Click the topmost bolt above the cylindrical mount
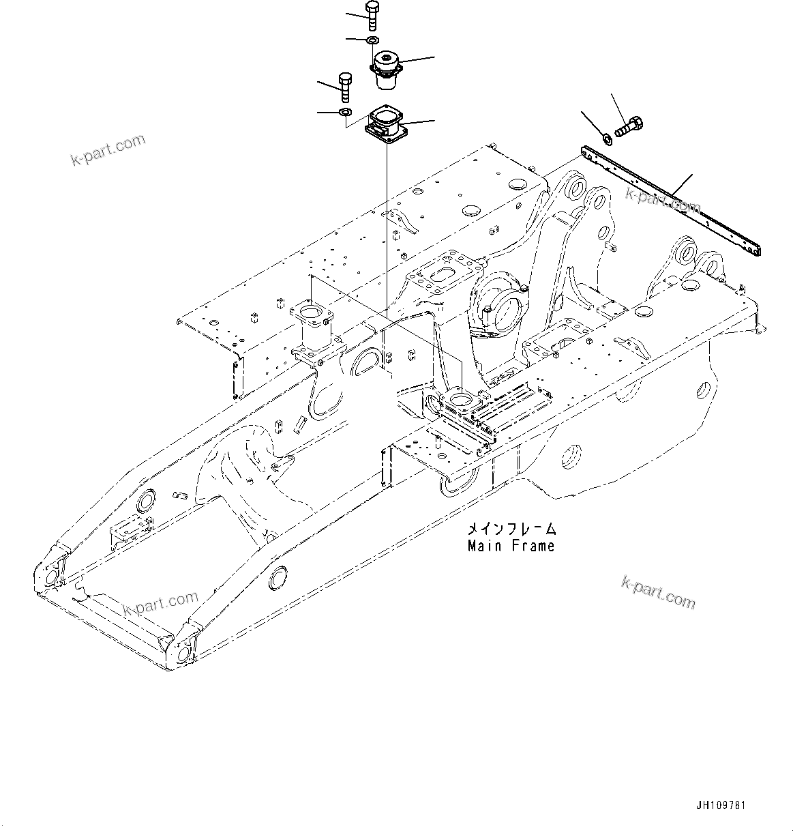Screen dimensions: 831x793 point(372,16)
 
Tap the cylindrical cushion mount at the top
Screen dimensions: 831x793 point(387,70)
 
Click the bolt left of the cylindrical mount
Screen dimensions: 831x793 point(344,87)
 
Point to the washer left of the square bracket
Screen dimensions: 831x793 point(345,111)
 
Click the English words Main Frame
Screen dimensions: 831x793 point(511,546)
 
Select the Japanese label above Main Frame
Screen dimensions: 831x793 point(511,529)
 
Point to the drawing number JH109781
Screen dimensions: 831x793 point(721,806)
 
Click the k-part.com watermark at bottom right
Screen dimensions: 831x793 point(658,592)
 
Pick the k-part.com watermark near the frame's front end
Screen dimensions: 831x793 point(160,604)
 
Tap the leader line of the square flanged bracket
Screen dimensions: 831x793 point(419,123)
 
